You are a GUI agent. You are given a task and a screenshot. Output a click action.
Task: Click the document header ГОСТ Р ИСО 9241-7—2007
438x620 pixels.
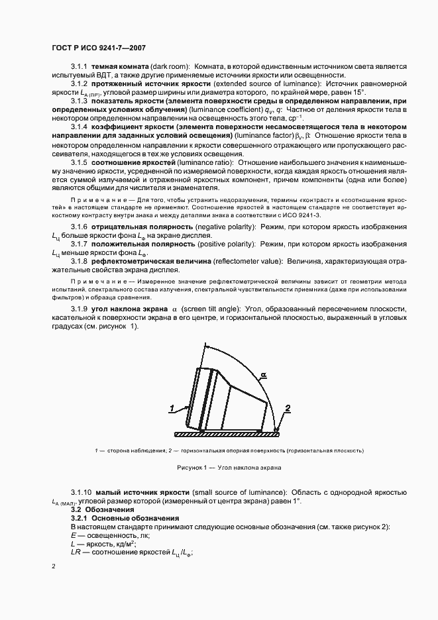tap(99, 48)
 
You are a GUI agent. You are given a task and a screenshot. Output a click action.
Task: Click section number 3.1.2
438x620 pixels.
tap(79, 85)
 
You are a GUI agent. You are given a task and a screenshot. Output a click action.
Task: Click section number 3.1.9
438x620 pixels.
tap(79, 310)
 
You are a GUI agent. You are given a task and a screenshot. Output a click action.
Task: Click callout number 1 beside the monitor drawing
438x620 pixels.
tap(172, 409)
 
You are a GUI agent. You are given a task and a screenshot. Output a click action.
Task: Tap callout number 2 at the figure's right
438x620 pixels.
tap(286, 408)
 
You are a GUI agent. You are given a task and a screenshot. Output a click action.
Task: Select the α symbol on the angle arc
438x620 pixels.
tap(264, 375)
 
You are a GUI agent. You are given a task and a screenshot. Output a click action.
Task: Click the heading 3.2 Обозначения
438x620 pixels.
tap(107, 510)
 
